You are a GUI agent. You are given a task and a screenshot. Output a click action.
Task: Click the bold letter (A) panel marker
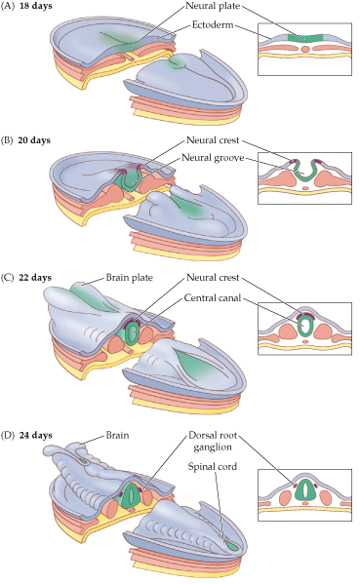[x=9, y=7]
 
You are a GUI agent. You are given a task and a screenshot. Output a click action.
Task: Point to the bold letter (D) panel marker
[x=9, y=431]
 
